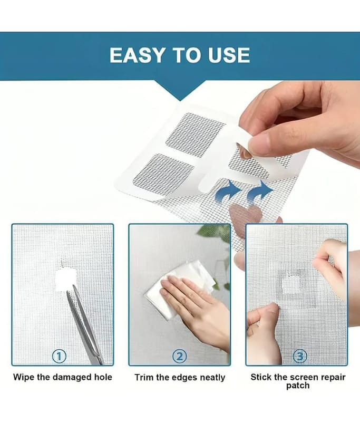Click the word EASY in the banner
137,55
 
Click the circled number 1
59,357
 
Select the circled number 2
179,357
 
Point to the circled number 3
299,357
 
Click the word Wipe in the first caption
24,377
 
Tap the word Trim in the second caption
144,377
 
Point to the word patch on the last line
298,386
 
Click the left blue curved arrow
228,192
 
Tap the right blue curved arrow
259,192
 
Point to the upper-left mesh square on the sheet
196,135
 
